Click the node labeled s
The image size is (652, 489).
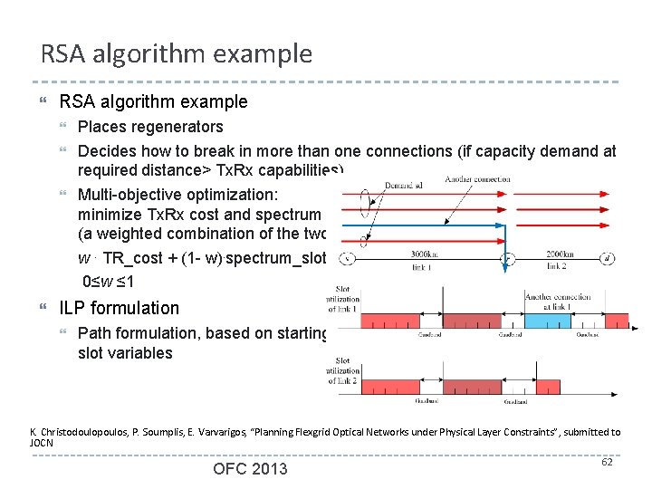click(x=346, y=258)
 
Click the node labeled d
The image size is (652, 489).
click(x=633, y=258)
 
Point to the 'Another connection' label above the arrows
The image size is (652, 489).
click(x=478, y=179)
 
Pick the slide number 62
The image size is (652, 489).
click(x=607, y=463)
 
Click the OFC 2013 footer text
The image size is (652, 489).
click(x=250, y=468)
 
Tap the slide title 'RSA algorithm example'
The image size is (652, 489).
click(x=177, y=54)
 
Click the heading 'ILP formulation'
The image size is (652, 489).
click(x=120, y=308)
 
